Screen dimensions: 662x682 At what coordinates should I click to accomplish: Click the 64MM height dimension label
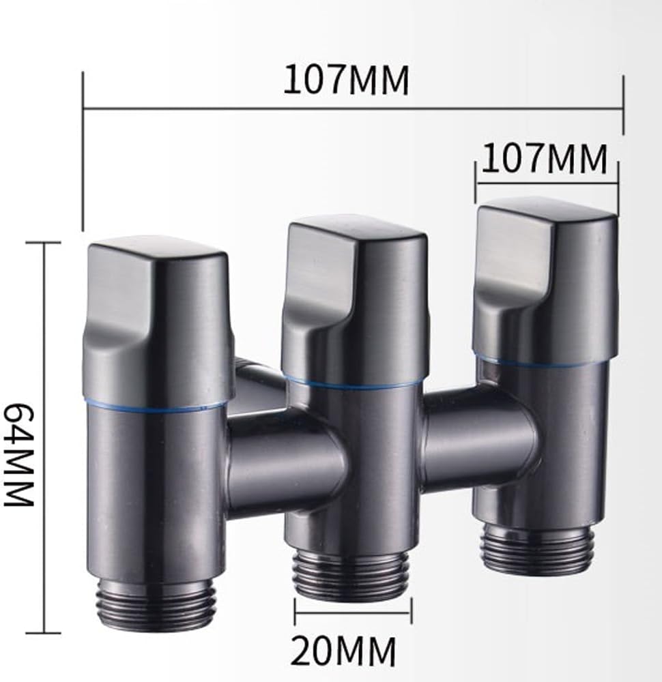pos(19,454)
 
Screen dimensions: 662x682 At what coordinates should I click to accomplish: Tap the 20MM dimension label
pos(343,651)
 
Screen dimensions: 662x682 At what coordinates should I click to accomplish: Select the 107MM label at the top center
pos(346,80)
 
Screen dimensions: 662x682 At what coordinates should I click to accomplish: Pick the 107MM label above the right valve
pos(544,159)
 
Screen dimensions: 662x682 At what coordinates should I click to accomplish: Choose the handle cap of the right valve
pos(545,278)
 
